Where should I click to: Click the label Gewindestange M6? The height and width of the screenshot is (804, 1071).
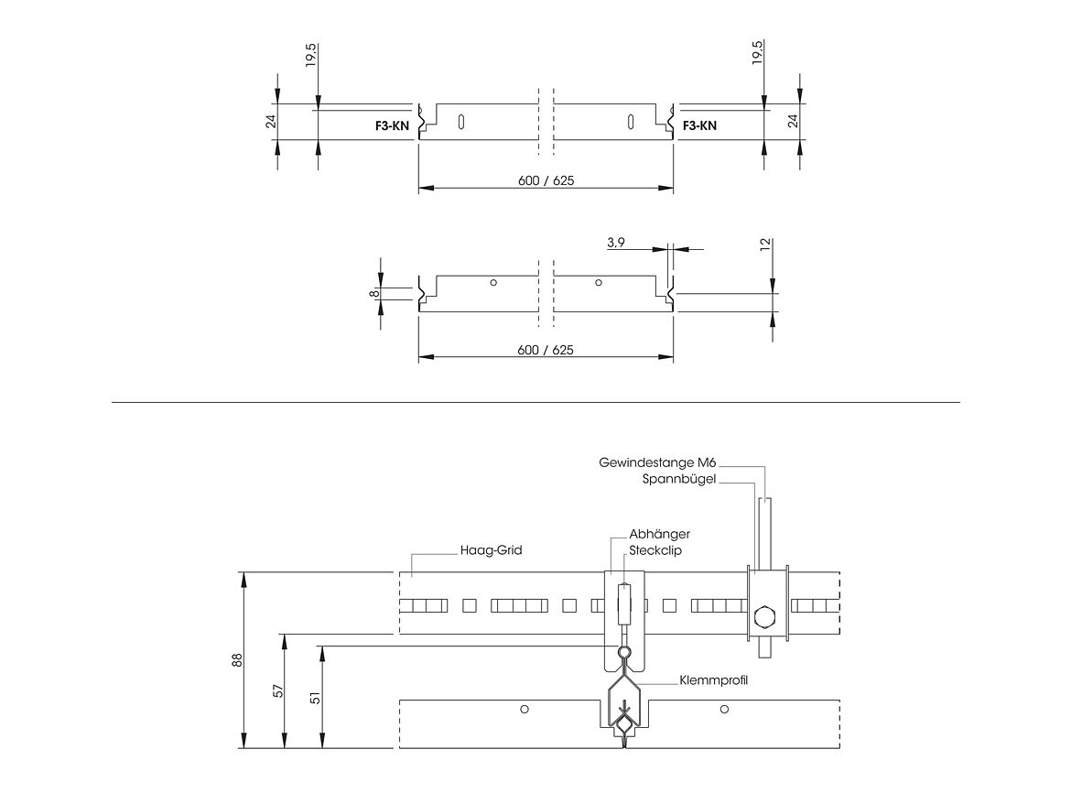[x=657, y=462]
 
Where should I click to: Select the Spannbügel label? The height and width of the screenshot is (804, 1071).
[x=679, y=480]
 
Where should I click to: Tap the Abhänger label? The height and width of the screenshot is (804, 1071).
[x=659, y=534]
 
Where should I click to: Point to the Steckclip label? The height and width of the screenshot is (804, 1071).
[x=655, y=550]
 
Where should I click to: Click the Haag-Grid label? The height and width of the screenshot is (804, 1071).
[x=491, y=550]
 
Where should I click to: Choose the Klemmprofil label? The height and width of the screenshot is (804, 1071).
[x=713, y=680]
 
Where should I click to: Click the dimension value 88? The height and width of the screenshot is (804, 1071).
[x=237, y=660]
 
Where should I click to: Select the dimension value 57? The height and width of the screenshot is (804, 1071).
[x=278, y=690]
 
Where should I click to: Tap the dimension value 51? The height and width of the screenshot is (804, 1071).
[x=315, y=697]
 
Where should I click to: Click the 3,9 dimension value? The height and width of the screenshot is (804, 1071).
[x=615, y=243]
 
